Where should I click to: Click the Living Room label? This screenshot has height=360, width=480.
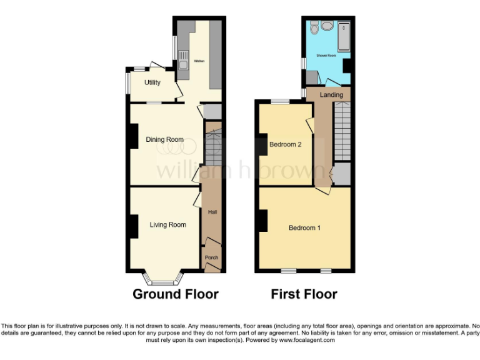167,225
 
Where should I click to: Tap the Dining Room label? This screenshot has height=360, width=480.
164,139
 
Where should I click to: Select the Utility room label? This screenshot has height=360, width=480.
152,82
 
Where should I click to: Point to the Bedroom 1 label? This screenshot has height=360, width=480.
304,228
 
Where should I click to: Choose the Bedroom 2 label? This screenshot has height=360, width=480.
286,144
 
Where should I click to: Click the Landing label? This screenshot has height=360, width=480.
331,95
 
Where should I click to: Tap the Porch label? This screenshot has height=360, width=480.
212,257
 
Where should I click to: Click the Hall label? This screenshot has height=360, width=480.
212,212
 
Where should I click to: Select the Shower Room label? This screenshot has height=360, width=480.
326,56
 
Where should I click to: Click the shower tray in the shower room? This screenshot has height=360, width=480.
344,36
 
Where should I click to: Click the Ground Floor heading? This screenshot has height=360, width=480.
176,294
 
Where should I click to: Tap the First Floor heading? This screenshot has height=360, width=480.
304,294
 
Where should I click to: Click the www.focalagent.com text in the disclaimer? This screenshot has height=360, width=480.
307,341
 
